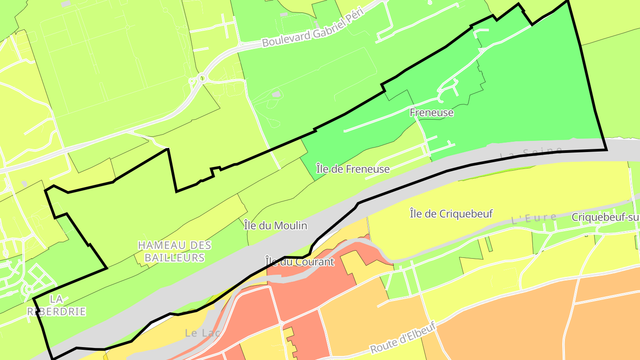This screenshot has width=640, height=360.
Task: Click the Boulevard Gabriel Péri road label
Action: [x=313, y=27]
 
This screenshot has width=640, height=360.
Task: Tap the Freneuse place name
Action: [x=432, y=112]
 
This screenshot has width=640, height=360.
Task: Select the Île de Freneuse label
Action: [x=353, y=169]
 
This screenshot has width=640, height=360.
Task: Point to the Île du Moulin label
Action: [x=276, y=226]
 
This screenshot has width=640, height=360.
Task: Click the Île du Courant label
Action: [x=299, y=262]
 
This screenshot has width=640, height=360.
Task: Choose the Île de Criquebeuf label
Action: [x=451, y=214]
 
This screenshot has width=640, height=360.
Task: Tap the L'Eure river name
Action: [x=534, y=218]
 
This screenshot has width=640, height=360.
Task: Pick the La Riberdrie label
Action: [x=56, y=305]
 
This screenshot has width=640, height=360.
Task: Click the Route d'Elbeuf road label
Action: [x=404, y=337]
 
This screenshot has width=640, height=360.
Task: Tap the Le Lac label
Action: [x=203, y=332]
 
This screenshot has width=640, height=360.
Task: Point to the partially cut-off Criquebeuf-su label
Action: [x=605, y=217]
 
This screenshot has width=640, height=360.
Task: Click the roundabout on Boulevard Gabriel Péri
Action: [x=201, y=79]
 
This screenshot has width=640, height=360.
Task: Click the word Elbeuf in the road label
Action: [x=419, y=331]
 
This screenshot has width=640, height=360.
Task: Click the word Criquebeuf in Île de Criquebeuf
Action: [x=466, y=214]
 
